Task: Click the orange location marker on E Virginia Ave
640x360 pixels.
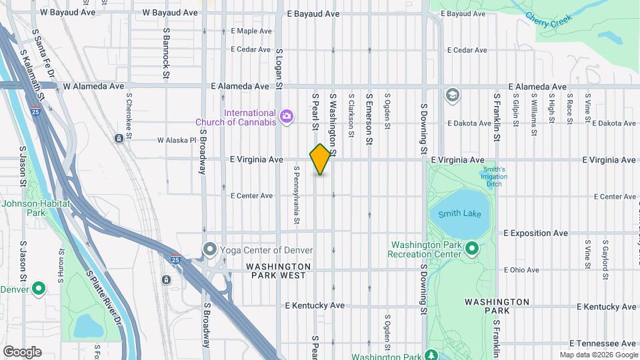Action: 320,159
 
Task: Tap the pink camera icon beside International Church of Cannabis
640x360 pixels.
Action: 287,117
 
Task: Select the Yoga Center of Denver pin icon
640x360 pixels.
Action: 210,251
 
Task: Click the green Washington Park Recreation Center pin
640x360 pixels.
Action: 472,249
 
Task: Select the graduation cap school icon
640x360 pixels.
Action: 453,95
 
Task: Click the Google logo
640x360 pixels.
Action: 22,351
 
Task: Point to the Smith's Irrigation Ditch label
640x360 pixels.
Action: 493,177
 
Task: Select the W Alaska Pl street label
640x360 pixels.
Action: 177,140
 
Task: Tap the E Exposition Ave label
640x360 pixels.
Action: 535,233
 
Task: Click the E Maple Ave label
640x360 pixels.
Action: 251,31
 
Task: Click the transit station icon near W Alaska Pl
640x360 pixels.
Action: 118,139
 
